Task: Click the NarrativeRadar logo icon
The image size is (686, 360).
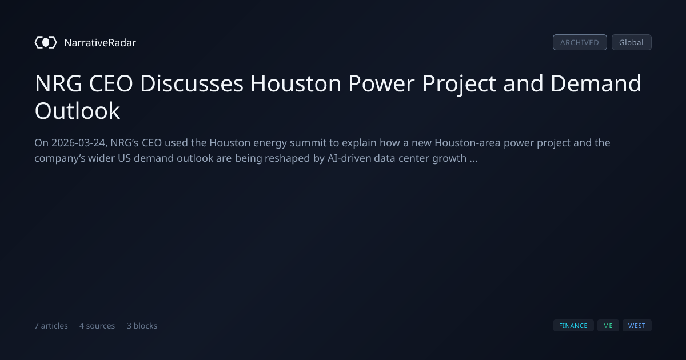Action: [46, 42]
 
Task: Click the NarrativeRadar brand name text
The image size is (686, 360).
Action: [100, 42]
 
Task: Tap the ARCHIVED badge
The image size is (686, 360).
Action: [580, 42]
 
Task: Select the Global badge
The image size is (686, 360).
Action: [632, 42]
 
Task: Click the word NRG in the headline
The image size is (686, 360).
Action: [58, 83]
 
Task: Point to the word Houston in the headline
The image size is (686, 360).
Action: [296, 83]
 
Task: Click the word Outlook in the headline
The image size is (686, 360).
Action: [77, 110]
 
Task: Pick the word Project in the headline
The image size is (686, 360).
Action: [459, 84]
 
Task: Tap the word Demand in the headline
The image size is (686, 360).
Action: [596, 83]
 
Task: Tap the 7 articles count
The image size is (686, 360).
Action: [51, 326]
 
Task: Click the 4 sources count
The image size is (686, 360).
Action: [97, 326]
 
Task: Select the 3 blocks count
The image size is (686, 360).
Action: [142, 326]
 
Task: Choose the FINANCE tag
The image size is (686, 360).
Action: [573, 325]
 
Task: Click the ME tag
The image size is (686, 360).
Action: [608, 325]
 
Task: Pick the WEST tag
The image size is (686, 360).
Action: [637, 325]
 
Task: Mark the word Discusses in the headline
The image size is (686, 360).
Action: [192, 83]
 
